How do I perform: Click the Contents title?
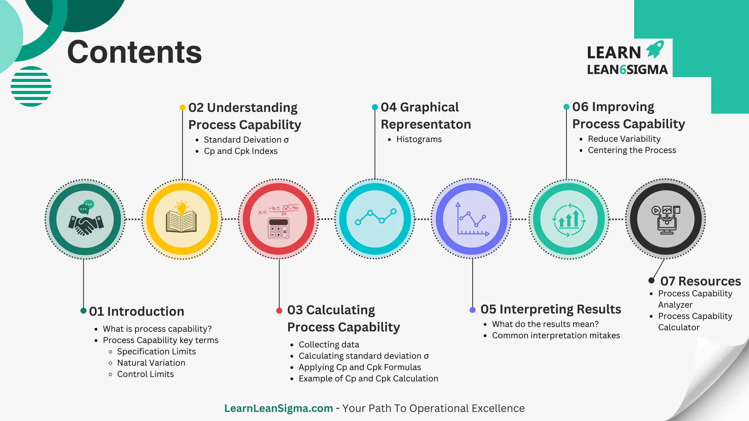tap(134, 52)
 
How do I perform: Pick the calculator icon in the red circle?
tap(278, 228)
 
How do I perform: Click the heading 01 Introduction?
tap(136, 311)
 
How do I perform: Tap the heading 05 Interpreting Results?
tap(550, 309)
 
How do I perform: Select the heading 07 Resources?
tap(700, 281)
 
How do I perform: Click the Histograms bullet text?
tap(419, 139)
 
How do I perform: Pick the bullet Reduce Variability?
tap(624, 139)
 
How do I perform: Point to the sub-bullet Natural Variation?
tap(151, 363)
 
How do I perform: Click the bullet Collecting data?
tap(329, 345)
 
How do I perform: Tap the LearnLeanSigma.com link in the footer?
tap(278, 408)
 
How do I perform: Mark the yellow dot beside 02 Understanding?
tap(182, 108)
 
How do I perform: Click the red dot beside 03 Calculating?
tap(279, 311)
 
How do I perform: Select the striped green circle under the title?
tap(31, 86)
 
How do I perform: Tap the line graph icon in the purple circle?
tap(472, 219)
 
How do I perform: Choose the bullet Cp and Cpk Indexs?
tap(241, 151)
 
